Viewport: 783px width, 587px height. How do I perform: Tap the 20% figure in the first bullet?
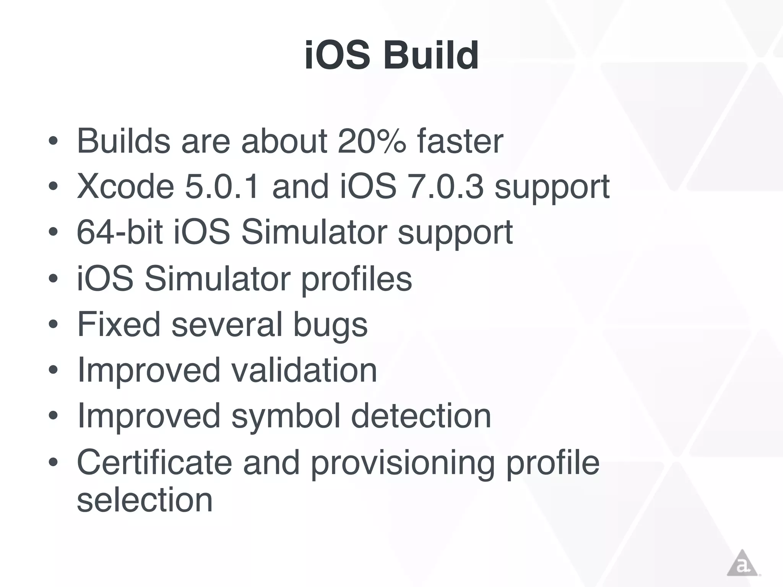[372, 141]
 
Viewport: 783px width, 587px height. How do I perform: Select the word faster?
[460, 141]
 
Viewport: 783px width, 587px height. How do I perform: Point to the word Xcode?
[126, 186]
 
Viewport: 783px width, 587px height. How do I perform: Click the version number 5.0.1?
[222, 186]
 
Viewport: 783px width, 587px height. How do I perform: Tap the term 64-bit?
[120, 232]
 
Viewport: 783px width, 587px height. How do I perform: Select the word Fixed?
[119, 324]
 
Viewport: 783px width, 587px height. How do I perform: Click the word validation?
[304, 370]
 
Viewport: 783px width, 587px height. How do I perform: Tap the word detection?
[421, 416]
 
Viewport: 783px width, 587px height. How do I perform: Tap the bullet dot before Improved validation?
[53, 370]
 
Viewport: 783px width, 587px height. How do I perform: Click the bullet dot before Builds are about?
[53, 141]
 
